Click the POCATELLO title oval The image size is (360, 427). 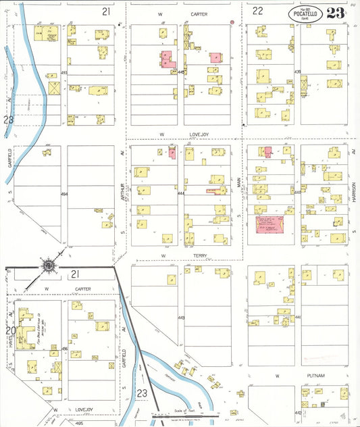pos(305,14)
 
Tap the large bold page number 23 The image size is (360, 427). pos(336,14)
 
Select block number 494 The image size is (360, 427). pos(65,194)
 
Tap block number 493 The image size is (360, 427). pos(65,72)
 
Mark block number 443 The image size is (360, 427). pos(181,318)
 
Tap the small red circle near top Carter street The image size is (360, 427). pos(232,22)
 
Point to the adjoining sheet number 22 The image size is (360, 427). pos(257,11)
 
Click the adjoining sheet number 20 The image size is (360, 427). pos(9,330)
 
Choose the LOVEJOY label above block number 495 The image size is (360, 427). pos(65,409)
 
